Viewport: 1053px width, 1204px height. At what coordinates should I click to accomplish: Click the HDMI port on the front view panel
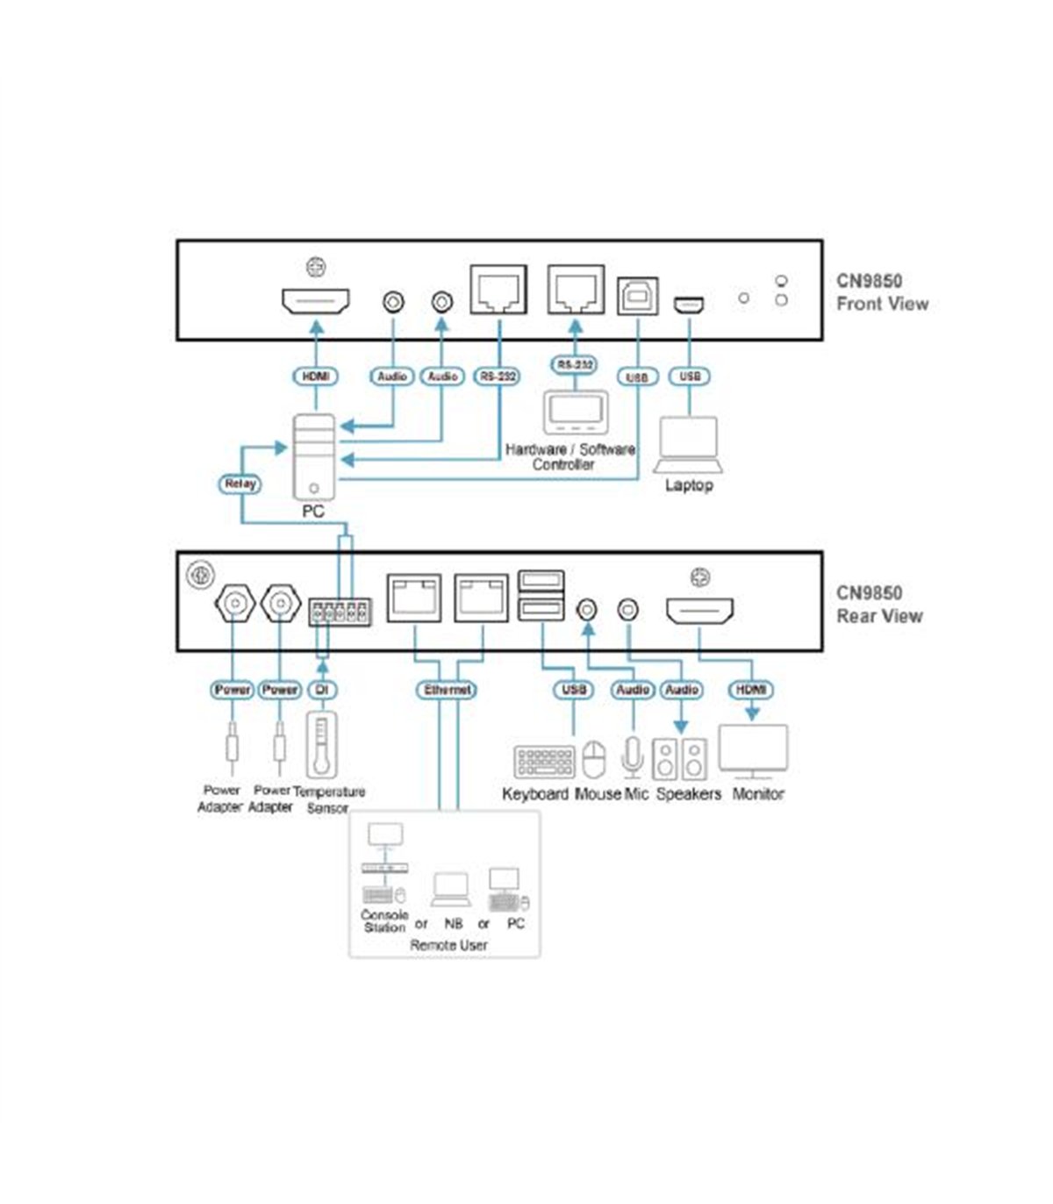[x=316, y=301]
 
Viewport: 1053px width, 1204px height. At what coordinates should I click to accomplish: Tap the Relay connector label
[x=240, y=484]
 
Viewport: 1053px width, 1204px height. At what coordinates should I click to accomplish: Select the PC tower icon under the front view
[x=315, y=456]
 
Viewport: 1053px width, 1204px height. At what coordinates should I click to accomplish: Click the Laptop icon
[x=689, y=445]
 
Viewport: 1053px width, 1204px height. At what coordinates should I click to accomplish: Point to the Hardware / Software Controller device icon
[x=576, y=412]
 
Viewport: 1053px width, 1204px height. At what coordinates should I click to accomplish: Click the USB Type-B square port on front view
[x=638, y=296]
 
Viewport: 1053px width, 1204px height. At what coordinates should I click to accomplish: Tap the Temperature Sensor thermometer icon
[x=322, y=746]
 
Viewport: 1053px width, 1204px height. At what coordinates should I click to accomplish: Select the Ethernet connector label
[x=448, y=690]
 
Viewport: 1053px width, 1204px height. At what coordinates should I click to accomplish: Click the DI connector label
[x=322, y=690]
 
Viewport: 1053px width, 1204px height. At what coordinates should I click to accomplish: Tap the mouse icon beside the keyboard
[x=593, y=760]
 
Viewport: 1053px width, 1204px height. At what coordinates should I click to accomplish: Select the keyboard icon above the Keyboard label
[x=544, y=762]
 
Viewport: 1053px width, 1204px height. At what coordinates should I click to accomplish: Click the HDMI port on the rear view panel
[x=699, y=611]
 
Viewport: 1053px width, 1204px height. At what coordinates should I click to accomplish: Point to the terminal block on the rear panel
[x=340, y=613]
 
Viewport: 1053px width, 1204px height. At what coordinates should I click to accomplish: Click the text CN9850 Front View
[x=883, y=292]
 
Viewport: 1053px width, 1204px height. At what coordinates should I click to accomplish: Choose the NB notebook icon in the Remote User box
[x=451, y=889]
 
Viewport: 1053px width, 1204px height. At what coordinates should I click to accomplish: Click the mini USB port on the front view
[x=689, y=305]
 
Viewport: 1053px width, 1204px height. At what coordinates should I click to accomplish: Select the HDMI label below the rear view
[x=751, y=690]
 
